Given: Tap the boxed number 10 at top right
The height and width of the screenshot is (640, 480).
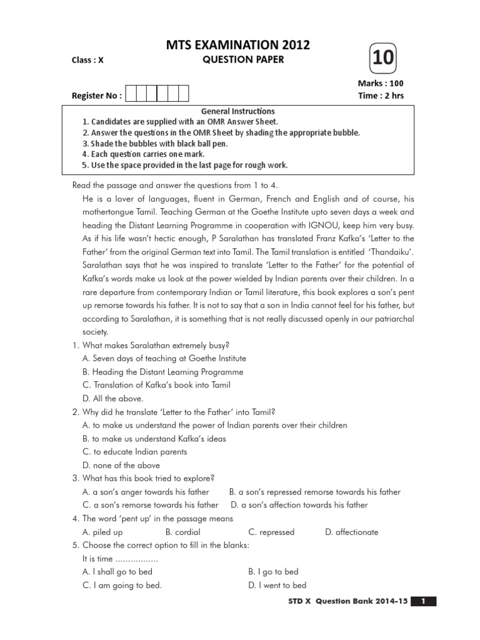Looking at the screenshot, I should point(384,58).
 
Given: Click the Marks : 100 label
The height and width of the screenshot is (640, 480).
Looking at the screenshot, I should point(381,83).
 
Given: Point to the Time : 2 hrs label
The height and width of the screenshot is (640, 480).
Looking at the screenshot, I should point(381,96).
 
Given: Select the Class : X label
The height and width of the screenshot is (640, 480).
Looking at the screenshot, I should point(87,61).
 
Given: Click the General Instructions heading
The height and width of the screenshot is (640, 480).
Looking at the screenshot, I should point(237,111).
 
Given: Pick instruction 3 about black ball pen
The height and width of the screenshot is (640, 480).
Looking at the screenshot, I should point(155,143).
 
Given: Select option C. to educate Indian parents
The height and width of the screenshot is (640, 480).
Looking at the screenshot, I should point(135,452).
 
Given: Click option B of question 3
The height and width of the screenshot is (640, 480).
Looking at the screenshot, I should point(315,492).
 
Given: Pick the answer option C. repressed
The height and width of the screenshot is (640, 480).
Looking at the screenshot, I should point(271,532).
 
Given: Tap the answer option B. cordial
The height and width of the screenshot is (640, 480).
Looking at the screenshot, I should point(182,532).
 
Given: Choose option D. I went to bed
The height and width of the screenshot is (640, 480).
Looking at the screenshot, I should point(277,586).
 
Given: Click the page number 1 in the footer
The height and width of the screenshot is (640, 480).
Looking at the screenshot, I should point(423,601).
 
